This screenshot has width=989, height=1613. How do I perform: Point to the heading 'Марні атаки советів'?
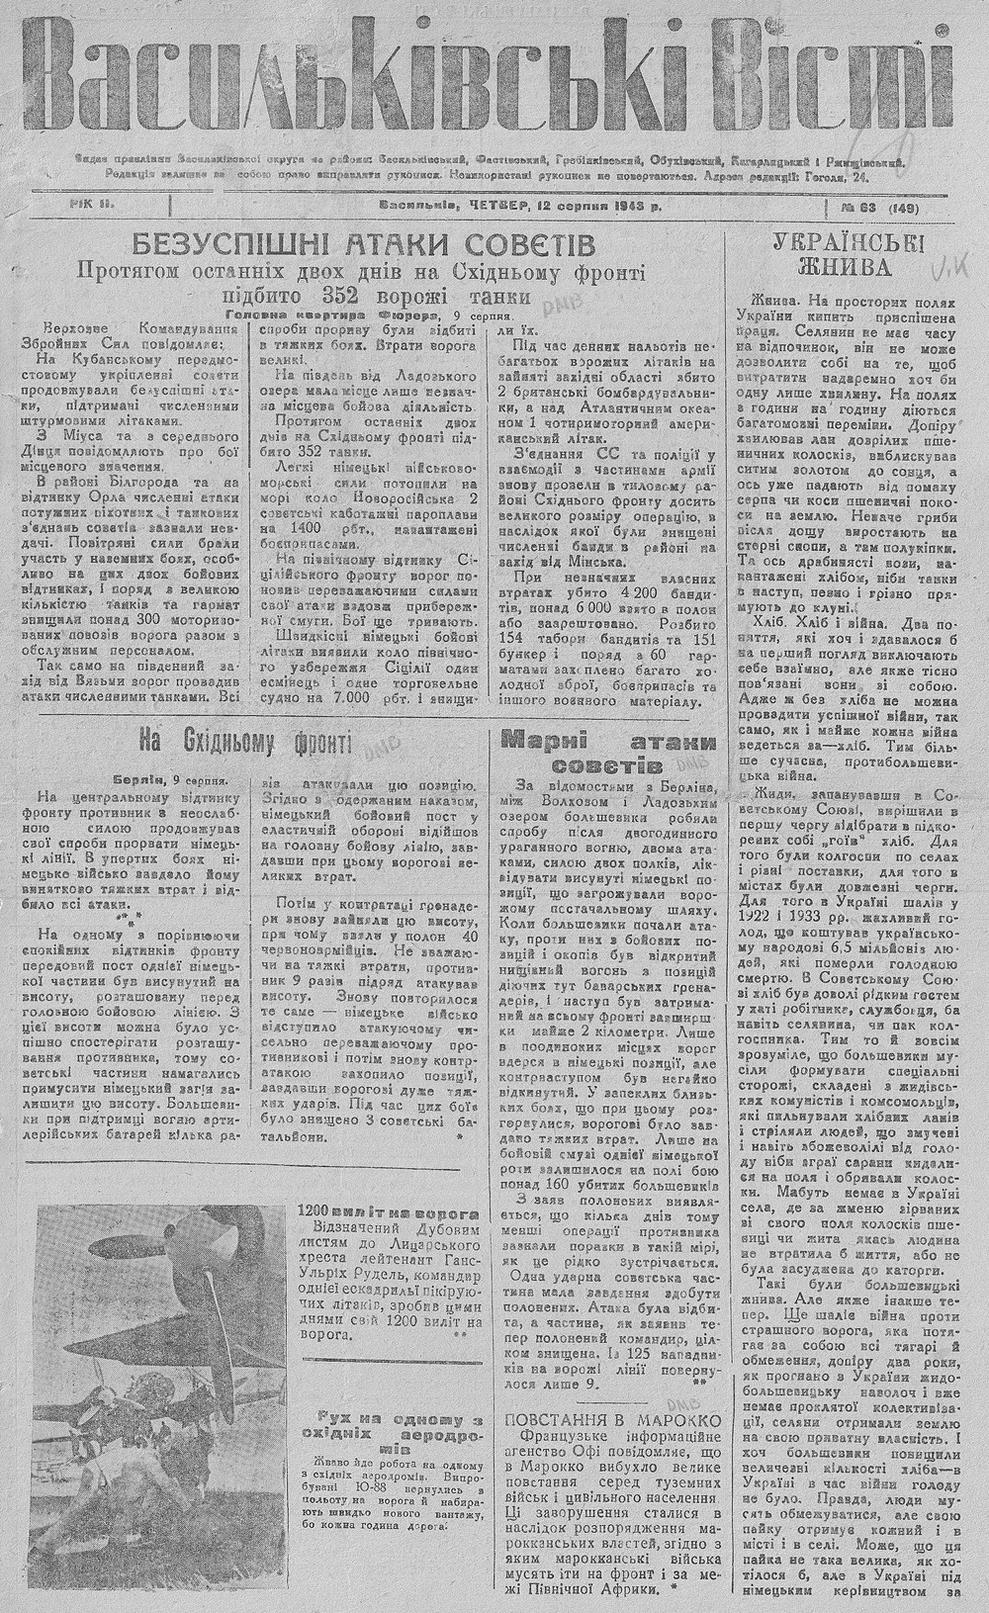tap(608, 752)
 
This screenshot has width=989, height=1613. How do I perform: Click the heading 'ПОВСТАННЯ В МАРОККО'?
tap(612, 1421)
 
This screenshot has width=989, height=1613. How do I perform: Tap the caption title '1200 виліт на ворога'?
tap(389, 1211)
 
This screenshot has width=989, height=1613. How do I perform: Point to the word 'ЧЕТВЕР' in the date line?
tap(494, 207)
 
